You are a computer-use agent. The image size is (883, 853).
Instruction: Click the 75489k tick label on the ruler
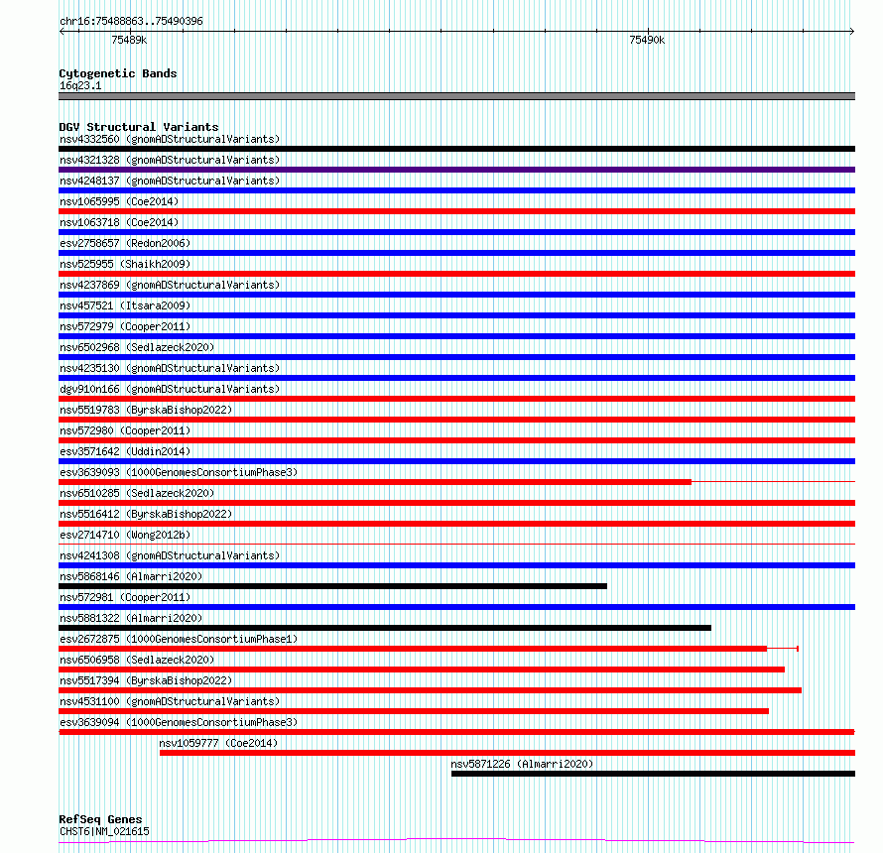tap(129, 41)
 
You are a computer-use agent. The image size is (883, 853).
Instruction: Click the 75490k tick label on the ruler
tap(647, 41)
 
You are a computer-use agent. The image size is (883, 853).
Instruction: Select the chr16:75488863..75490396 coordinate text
tap(131, 21)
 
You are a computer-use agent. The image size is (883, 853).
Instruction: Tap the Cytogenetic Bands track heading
tap(117, 73)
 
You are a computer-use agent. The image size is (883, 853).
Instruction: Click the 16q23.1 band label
tap(80, 85)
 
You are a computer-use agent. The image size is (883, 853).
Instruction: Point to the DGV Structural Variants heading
tap(138, 127)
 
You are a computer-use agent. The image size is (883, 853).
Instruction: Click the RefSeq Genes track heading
tap(100, 819)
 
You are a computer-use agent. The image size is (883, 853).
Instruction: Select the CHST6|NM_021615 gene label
tap(104, 831)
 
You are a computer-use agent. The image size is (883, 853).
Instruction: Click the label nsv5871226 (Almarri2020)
tap(522, 764)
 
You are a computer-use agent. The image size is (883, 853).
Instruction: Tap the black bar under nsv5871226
tap(652, 774)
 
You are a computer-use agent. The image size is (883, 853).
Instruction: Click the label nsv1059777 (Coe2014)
tap(218, 743)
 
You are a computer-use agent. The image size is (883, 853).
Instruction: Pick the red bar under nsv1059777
tap(506, 753)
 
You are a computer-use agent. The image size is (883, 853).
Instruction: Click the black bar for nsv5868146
tap(332, 586)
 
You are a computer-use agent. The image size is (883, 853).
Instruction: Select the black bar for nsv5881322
tap(385, 628)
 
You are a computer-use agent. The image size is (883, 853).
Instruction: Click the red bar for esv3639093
tap(375, 482)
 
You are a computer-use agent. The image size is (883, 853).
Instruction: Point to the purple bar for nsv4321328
tap(456, 170)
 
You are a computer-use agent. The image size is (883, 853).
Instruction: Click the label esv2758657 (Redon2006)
tap(124, 243)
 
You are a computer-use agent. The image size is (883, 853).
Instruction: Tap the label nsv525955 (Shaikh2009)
tap(125, 264)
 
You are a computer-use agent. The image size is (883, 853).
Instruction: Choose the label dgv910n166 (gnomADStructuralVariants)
tap(169, 389)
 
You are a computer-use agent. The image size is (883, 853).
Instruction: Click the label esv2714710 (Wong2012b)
tap(124, 535)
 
